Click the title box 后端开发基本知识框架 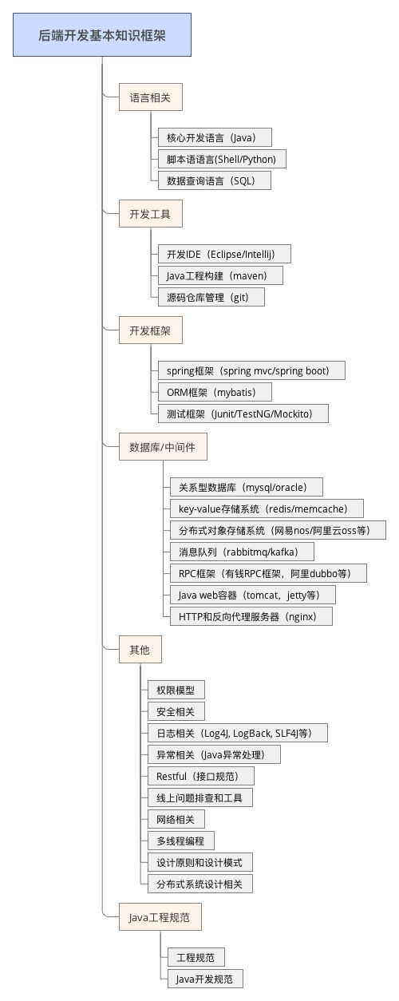(102, 35)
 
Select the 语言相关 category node (150, 98)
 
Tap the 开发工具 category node (150, 214)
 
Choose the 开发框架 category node (150, 330)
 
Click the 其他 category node (140, 650)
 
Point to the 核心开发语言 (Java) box (214, 137)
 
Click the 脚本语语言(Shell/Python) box (221, 159)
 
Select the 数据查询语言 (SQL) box (214, 180)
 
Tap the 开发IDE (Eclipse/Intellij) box (223, 254)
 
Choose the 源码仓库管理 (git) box (210, 297)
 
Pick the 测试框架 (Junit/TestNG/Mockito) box (242, 413)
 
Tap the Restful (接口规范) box (189, 776)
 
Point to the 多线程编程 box (180, 841)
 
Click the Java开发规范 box (204, 979)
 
